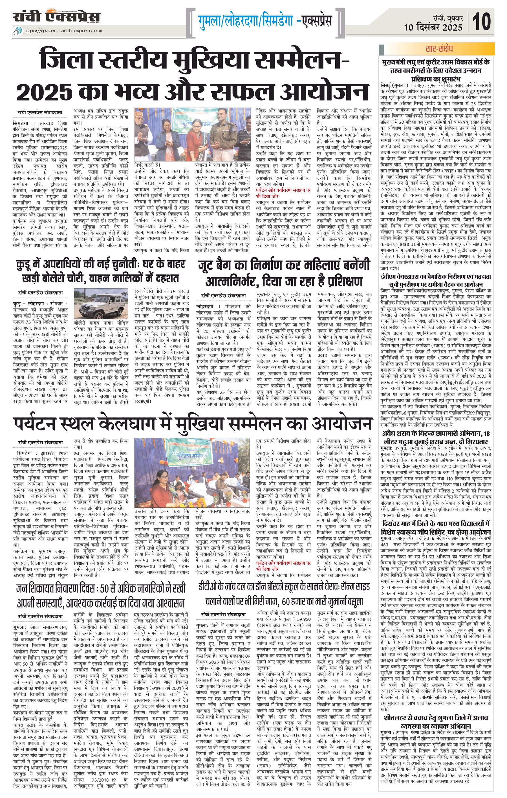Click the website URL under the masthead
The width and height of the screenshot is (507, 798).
coord(63,31)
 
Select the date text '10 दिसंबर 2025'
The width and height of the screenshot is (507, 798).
coord(433,27)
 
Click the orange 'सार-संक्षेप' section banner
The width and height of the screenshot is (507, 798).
coord(437,49)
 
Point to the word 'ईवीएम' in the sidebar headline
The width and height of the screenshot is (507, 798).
coord(393,276)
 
